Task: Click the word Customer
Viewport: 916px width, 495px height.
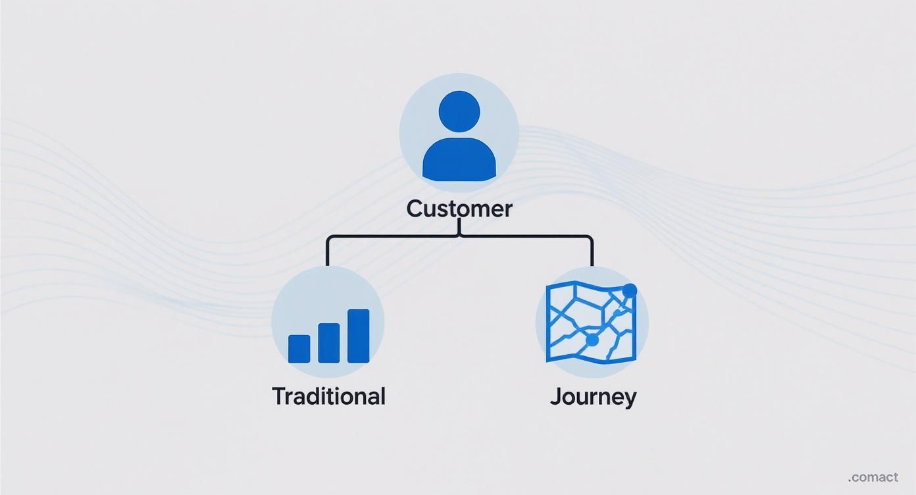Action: click(459, 209)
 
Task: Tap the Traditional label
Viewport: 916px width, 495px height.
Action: click(328, 396)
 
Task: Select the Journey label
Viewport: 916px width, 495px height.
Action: click(593, 397)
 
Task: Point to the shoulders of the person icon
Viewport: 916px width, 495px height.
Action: click(459, 161)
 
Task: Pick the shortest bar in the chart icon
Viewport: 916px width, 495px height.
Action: click(299, 348)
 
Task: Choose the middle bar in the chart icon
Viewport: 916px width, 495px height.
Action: click(328, 342)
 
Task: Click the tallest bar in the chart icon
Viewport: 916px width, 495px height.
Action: click(358, 336)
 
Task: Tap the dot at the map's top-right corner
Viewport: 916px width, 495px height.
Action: click(629, 290)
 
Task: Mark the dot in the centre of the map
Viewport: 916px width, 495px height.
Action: click(592, 340)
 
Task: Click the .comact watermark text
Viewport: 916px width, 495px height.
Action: click(873, 477)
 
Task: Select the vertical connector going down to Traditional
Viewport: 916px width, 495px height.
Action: click(327, 251)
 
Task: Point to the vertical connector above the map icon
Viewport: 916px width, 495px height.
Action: click(592, 251)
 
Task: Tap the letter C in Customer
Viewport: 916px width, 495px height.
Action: click(415, 209)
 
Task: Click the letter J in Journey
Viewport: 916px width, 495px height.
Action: click(555, 397)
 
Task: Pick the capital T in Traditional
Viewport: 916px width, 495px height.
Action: click(279, 396)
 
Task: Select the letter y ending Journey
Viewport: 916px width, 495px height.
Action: click(630, 399)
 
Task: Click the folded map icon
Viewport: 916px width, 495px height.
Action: click(592, 323)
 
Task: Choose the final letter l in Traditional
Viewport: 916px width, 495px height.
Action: click(382, 396)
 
